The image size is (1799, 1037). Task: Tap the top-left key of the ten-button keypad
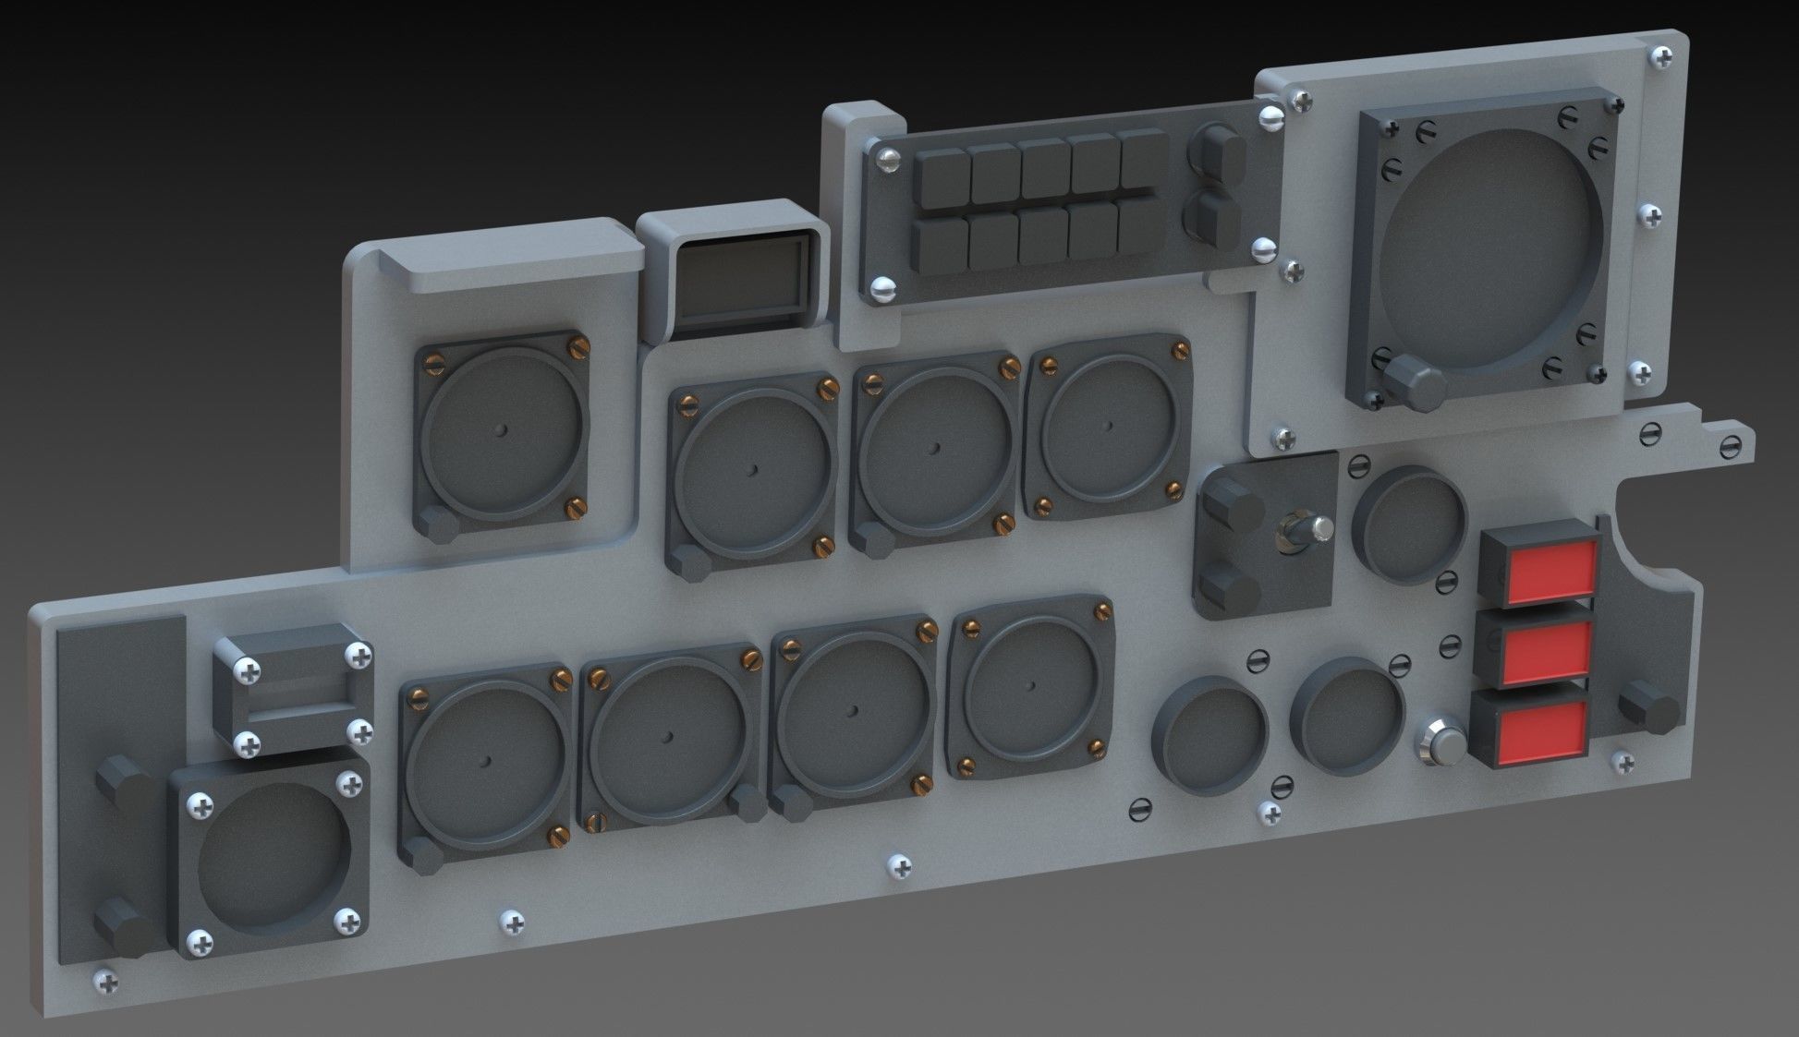pos(942,174)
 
